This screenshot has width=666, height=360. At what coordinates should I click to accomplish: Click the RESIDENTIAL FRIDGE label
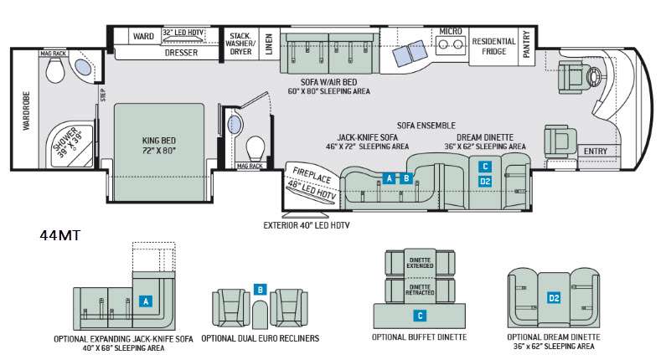point(494,45)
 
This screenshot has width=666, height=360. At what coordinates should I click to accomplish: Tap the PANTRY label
point(527,45)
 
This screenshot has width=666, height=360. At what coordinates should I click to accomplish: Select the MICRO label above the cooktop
point(451,31)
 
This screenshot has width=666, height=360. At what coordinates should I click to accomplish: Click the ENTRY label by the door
point(596,152)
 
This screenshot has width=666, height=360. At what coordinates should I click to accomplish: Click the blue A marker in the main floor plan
point(388,177)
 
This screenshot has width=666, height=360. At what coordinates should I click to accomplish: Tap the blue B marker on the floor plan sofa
point(406,177)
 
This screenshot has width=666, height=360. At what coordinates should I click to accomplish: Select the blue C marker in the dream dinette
point(485,166)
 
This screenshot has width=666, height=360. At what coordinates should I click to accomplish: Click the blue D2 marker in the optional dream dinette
point(554,297)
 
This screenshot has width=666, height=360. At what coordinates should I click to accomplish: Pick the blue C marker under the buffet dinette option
point(420,316)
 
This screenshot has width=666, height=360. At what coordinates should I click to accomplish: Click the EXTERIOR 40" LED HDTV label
point(306,225)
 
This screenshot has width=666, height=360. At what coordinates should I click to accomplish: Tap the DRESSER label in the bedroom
point(181,52)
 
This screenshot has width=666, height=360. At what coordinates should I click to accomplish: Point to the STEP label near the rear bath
point(103,95)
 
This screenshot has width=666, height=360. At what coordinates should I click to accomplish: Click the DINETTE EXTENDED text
point(420,264)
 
